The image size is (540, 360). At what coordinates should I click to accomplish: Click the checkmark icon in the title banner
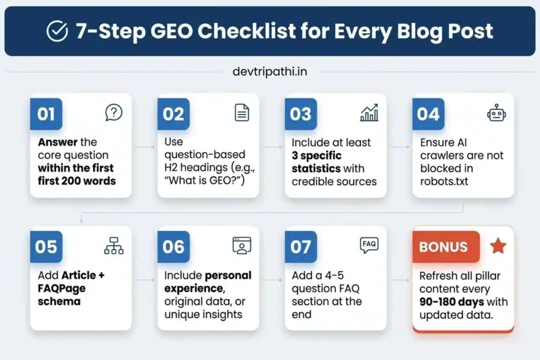tap(56, 32)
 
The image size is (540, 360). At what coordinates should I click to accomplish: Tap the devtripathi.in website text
tap(269, 71)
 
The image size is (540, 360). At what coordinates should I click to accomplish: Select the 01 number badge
tap(45, 114)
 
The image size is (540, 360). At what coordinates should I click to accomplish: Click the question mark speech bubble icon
tap(114, 112)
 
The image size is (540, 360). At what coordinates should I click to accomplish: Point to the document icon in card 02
tap(242, 112)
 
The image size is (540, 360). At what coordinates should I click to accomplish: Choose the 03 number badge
tap(301, 114)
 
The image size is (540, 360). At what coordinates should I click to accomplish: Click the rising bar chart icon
tap(369, 112)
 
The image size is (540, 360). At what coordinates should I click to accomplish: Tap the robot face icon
tap(496, 112)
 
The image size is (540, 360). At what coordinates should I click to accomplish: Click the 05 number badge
tap(45, 247)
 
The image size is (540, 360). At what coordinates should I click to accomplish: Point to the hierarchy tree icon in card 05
tap(114, 245)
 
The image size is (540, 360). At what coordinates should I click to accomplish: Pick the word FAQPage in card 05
tap(62, 288)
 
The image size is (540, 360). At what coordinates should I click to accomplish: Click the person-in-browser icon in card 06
tap(242, 245)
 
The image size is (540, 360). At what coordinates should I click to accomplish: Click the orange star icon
tap(498, 246)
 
